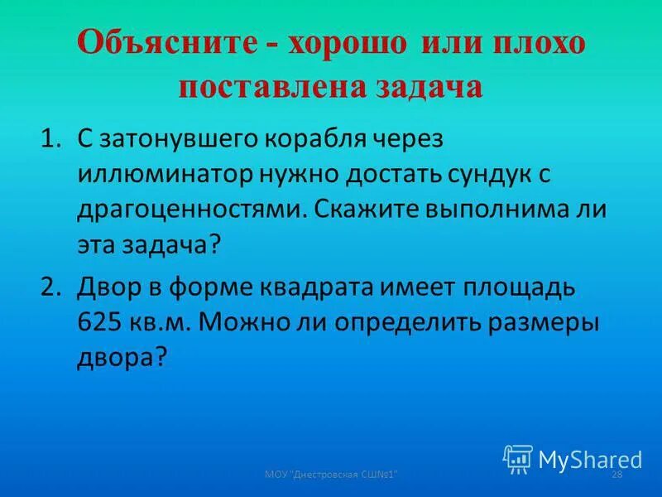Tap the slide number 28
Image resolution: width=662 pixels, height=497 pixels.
[616, 473]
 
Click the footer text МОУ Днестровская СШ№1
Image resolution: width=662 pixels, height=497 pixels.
[332, 473]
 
